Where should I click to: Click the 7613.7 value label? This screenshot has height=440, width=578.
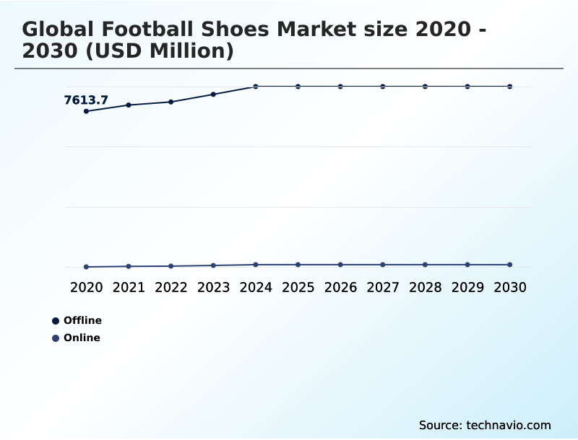[86, 100]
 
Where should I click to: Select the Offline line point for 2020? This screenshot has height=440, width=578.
[86, 111]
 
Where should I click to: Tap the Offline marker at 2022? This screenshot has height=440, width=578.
[171, 102]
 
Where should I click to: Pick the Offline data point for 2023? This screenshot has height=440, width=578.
[213, 94]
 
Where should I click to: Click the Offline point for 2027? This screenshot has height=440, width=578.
[383, 87]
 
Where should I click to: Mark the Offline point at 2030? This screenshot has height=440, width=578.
[510, 87]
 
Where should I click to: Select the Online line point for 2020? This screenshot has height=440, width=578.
[86, 267]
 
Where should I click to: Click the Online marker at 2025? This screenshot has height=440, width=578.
[298, 265]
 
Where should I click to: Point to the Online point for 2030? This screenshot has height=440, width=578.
[510, 265]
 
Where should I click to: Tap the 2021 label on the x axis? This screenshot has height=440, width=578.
[129, 287]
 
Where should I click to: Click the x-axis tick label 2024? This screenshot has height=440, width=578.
[256, 287]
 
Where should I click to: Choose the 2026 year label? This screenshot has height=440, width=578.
[340, 287]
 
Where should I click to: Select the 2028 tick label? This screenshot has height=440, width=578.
[425, 287]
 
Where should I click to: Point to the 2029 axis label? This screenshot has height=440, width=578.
[467, 287]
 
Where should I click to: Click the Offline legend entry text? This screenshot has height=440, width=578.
[82, 320]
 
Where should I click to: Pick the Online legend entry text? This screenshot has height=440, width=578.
[82, 338]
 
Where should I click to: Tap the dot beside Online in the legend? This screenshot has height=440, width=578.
[56, 338]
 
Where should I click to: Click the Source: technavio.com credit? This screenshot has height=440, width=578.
[485, 425]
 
